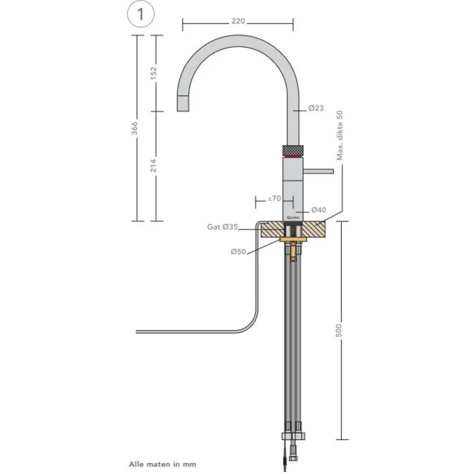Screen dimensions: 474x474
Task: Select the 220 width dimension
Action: pyautogui.click(x=238, y=22)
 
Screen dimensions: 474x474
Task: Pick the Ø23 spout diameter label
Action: pyautogui.click(x=316, y=108)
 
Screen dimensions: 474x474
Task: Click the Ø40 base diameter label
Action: pyautogui.click(x=318, y=210)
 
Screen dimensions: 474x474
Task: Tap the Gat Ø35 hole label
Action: pyautogui.click(x=222, y=227)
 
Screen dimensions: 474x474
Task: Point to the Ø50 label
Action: pyautogui.click(x=238, y=252)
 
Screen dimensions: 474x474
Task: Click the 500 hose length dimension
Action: pyautogui.click(x=338, y=330)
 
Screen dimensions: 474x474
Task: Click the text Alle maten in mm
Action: pyautogui.click(x=162, y=464)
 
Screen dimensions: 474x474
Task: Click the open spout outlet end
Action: pyautogui.click(x=183, y=103)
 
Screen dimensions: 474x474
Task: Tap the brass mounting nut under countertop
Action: pyautogui.click(x=293, y=239)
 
